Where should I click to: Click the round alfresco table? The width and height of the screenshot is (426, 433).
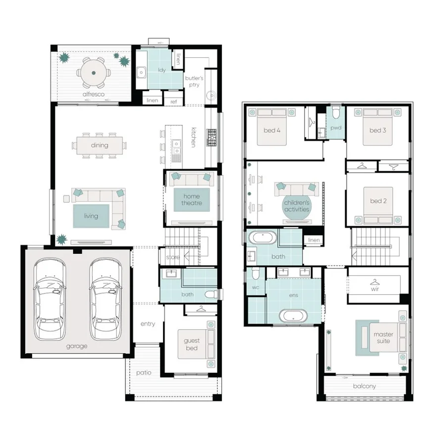click(x=94, y=73)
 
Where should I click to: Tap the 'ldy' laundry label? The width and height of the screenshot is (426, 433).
click(x=161, y=70)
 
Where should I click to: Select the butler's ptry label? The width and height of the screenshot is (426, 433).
click(x=194, y=82)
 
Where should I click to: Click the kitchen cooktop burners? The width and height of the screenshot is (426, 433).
click(x=212, y=137)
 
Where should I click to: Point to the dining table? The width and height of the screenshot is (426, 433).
click(x=100, y=145)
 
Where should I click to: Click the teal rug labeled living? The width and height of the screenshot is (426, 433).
click(x=91, y=216)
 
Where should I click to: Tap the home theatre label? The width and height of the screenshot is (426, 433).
click(x=192, y=199)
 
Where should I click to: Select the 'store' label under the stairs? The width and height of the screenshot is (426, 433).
click(x=173, y=257)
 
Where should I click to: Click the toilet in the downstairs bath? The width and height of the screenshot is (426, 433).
click(x=211, y=294)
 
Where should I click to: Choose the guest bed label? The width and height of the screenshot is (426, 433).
click(x=192, y=344)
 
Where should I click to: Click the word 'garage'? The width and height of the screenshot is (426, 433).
click(x=77, y=346)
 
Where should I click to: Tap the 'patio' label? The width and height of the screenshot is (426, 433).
click(x=144, y=373)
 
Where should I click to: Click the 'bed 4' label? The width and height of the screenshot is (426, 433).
click(x=272, y=130)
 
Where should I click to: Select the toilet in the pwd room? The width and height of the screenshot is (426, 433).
click(x=336, y=112)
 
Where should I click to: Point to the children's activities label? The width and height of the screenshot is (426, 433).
click(x=297, y=206)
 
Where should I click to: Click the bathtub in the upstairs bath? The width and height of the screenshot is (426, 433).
click(x=263, y=238)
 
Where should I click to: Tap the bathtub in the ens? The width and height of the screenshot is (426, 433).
click(x=293, y=315)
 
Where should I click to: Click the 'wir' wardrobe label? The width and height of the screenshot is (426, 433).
click(x=375, y=289)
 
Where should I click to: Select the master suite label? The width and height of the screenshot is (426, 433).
click(x=383, y=337)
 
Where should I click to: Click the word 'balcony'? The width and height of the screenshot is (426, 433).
click(x=365, y=386)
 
